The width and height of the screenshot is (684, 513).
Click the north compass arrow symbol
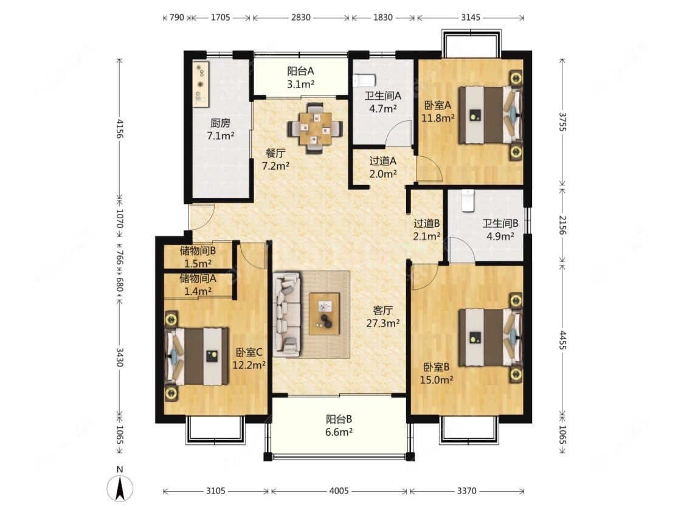pyautogui.click(x=120, y=487)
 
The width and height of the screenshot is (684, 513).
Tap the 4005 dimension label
pyautogui.click(x=339, y=491)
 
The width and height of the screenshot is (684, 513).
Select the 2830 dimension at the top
pyautogui.click(x=300, y=18)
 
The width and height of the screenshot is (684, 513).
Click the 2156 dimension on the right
pyautogui.click(x=562, y=225)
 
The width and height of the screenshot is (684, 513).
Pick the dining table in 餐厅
pyautogui.click(x=315, y=128)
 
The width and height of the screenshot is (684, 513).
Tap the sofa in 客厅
pyautogui.click(x=287, y=314)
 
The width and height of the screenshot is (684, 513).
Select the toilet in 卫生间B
pyautogui.click(x=468, y=201)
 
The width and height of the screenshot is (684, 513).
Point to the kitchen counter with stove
pyautogui.click(x=201, y=83)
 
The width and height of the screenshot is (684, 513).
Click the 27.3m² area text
pyautogui.click(x=383, y=323)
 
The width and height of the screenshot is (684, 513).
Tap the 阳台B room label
pyautogui.click(x=339, y=419)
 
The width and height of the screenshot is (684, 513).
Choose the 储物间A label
pyautogui.click(x=198, y=278)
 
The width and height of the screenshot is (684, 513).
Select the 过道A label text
pyautogui.click(x=383, y=161)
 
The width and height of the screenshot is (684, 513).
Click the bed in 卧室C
pyautogui.click(x=197, y=356)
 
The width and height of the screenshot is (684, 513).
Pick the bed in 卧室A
pyautogui.click(x=490, y=115)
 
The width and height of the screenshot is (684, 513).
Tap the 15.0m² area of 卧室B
pyautogui.click(x=436, y=380)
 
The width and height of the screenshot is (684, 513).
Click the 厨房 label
pyautogui.click(x=220, y=123)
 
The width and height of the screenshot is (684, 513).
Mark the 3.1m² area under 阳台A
pyautogui.click(x=301, y=84)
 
